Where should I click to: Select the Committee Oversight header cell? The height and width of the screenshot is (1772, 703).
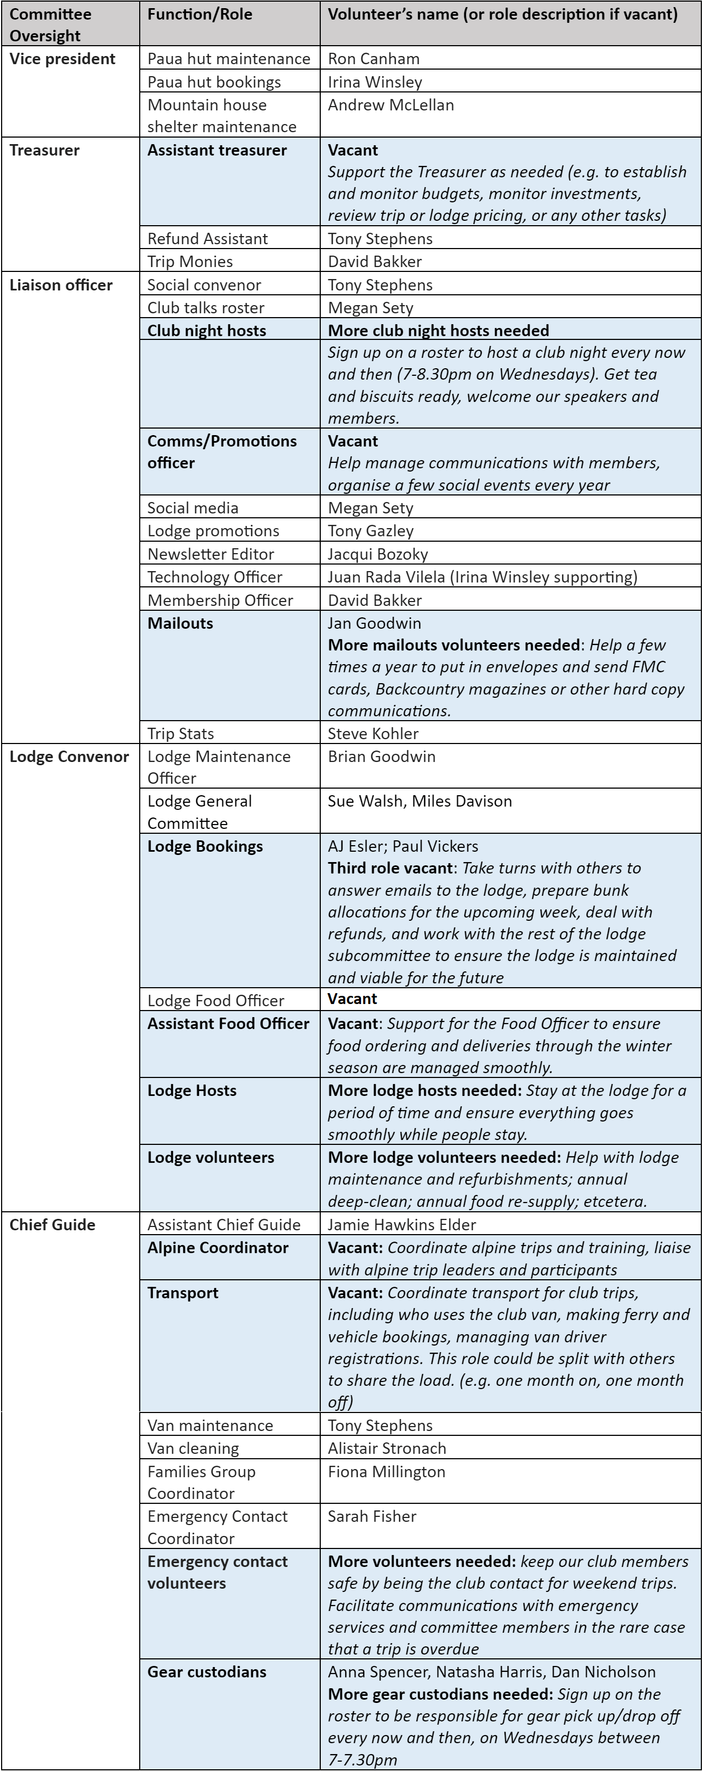50,25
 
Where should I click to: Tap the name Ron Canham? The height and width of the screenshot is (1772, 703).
374,59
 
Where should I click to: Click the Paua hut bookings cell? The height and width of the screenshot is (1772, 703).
214,83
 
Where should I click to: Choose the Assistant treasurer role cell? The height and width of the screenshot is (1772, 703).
217,150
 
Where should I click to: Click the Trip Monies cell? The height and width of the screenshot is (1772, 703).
190,262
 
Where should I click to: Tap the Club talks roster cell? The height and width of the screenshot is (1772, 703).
206,307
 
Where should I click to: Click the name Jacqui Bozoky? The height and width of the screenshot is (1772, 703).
378,554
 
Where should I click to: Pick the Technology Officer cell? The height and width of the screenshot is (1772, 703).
215,577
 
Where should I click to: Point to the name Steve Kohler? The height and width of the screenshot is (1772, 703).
373,733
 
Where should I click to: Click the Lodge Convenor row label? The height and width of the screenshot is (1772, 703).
69,757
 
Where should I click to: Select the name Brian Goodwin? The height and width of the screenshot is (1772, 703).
381,757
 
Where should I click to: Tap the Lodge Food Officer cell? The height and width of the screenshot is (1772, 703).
215,1001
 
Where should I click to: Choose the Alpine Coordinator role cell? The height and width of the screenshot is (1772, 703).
217,1248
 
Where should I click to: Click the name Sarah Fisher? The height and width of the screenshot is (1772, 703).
371,1516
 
